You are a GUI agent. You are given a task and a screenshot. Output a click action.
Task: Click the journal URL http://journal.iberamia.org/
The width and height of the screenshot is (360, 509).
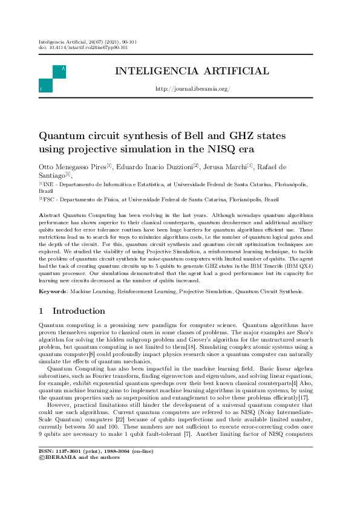(x=192, y=89)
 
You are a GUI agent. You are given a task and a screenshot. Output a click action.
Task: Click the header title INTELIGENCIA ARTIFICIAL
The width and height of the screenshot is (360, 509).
(x=192, y=71)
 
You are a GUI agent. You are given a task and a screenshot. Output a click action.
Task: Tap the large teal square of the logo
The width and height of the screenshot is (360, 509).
(x=45, y=86)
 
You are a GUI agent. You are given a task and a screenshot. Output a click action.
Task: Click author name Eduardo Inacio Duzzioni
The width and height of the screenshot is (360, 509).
(x=154, y=166)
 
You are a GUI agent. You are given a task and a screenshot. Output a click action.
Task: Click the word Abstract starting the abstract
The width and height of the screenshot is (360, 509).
(x=51, y=215)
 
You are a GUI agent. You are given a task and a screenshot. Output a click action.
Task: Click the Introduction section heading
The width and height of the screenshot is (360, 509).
(x=79, y=311)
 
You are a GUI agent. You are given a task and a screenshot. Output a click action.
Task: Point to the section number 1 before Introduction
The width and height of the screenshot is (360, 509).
(x=41, y=311)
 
